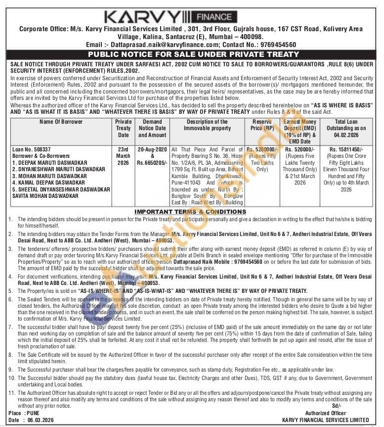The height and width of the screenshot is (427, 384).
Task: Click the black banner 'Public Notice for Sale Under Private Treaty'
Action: [x=192, y=54]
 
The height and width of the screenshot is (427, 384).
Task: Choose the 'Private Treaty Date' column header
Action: [x=124, y=128]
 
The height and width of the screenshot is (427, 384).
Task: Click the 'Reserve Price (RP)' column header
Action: [x=262, y=125]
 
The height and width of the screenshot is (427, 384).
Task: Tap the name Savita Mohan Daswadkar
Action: [x=45, y=196]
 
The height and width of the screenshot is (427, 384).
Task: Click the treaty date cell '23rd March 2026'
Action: [x=124, y=155]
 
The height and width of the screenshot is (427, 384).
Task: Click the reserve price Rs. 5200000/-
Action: [x=262, y=149]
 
